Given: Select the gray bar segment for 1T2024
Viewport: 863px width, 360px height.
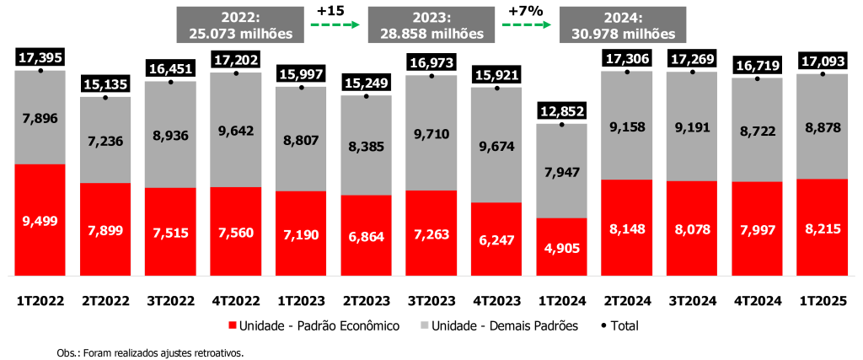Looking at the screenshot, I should click(561, 171).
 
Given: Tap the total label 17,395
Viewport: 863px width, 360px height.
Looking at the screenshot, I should click(40, 57).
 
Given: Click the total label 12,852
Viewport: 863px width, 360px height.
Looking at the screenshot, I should click(561, 110).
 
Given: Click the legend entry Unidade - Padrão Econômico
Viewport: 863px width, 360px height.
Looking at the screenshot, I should click(313, 325).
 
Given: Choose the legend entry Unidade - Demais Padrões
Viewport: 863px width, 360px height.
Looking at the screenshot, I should click(508, 325).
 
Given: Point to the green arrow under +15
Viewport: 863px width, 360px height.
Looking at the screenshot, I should click(333, 25).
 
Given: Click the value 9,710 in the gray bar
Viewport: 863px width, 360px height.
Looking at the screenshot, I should click(431, 132).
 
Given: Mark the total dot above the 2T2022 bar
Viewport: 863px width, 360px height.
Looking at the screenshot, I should click(105, 98).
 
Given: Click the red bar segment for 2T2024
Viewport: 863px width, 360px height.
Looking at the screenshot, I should click(626, 227).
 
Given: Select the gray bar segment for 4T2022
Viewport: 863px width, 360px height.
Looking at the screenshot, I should click(235, 130).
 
